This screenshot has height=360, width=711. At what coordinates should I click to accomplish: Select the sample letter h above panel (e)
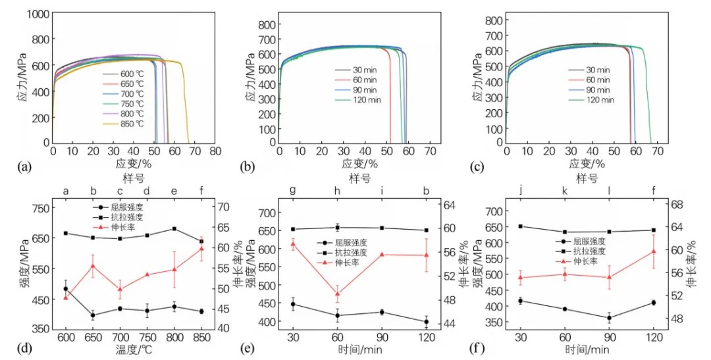pyautogui.click(x=338, y=192)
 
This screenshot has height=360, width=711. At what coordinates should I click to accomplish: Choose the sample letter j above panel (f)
pyautogui.click(x=521, y=192)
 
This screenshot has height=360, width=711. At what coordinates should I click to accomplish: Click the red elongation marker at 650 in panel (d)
pyautogui.click(x=93, y=266)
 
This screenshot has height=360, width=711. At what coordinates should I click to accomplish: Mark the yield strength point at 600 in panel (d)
pyautogui.click(x=66, y=289)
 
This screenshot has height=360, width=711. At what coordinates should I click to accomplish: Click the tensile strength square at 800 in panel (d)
pyautogui.click(x=174, y=228)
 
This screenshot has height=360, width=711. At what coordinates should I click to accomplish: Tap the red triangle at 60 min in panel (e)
pyautogui.click(x=338, y=294)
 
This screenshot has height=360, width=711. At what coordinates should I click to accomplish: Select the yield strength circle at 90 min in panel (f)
pyautogui.click(x=610, y=318)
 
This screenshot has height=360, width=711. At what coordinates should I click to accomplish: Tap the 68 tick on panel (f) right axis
pyautogui.click(x=673, y=204)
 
